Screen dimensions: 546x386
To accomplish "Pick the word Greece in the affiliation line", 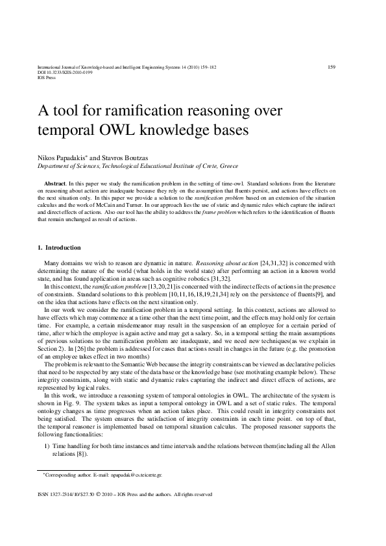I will pyautogui.click(x=229, y=166).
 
